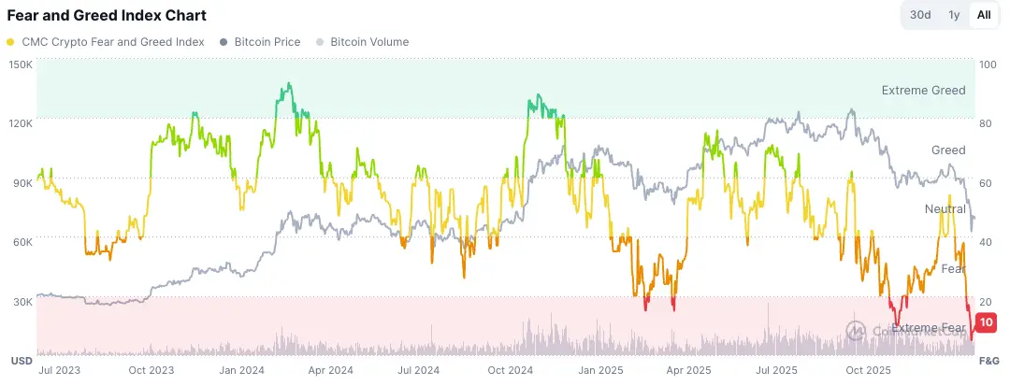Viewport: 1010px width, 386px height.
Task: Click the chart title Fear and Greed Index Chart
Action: coord(107,16)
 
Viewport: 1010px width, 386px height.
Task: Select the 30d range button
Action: coord(920,15)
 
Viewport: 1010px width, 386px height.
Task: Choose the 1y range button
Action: coord(954,15)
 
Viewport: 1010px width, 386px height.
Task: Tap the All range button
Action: coord(984,15)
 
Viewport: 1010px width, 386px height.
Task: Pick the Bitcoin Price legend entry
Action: coord(261,42)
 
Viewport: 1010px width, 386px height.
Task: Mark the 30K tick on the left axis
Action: coord(21,301)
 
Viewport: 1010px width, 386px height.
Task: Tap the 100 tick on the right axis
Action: coord(988,64)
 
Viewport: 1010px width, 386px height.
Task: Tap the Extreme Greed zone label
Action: coord(923,91)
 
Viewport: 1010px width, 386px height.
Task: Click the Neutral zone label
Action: coord(945,208)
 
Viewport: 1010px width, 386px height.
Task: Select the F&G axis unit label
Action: coord(989,360)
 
